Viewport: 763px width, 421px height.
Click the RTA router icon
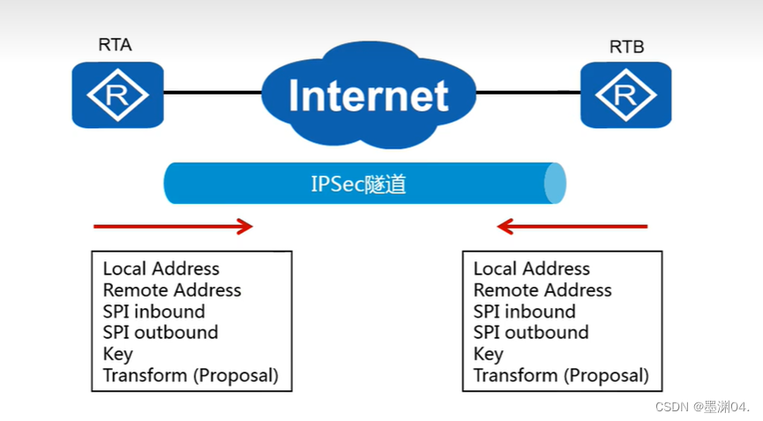click(117, 94)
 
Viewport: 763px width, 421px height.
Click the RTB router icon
click(625, 94)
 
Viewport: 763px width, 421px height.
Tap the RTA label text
click(116, 44)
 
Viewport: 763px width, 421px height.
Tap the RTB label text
click(626, 47)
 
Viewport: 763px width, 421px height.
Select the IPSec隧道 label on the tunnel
click(358, 184)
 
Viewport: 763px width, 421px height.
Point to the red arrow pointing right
click(174, 227)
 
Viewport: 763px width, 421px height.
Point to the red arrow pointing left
click(572, 227)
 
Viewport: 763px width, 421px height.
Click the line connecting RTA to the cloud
click(212, 92)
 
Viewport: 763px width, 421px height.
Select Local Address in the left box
click(161, 269)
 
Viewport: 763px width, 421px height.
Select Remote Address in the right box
click(542, 290)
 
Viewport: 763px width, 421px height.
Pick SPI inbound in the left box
click(153, 312)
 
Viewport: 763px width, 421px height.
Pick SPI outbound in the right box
click(531, 333)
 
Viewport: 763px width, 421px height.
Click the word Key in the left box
click(118, 354)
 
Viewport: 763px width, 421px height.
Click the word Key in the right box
click(489, 354)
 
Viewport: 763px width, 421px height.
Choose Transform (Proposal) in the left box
click(191, 375)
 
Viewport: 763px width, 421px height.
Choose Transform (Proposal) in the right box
click(561, 375)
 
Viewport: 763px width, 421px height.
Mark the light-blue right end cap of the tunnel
click(554, 184)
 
